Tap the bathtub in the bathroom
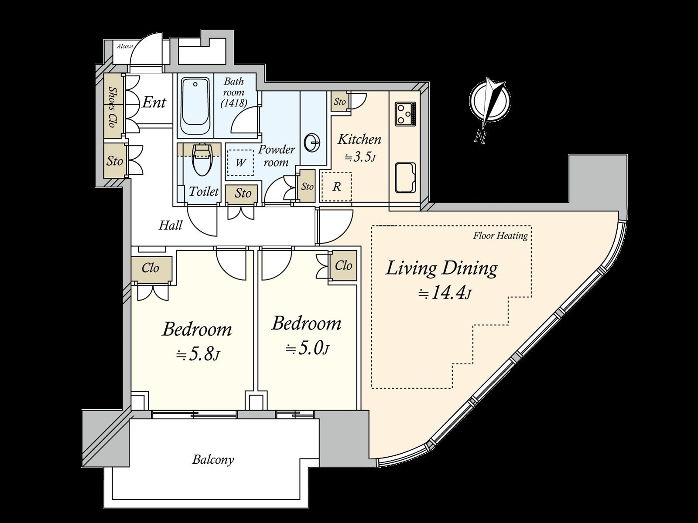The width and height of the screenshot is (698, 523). click(195, 106)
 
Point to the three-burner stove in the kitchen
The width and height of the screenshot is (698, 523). click(405, 114)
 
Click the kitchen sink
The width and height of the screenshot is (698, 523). click(405, 178)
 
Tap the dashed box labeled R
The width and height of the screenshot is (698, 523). click(336, 187)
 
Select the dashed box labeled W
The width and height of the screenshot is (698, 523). click(240, 162)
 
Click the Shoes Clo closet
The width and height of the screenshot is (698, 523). click(113, 106)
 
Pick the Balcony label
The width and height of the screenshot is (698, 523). click(213, 460)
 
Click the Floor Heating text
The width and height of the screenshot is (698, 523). click(500, 236)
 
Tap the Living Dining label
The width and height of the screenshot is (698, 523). click(441, 268)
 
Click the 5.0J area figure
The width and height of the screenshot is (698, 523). click(307, 349)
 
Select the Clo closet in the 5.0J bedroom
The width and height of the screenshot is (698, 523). click(344, 265)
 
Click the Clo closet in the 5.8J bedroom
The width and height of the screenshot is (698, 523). click(151, 268)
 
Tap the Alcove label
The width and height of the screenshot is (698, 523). click(125, 46)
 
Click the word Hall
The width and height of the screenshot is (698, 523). click(171, 225)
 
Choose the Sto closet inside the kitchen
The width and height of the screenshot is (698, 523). click(339, 102)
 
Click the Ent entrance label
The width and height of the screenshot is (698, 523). click(154, 102)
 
